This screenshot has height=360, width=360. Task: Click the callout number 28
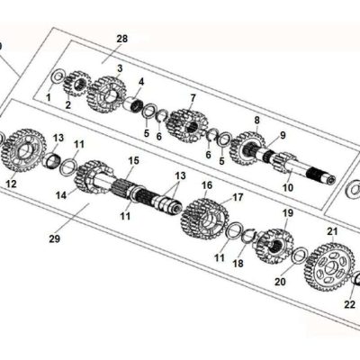[x=122, y=39]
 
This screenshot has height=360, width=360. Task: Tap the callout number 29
[x=55, y=239]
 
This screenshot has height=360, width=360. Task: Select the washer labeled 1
[x=58, y=77]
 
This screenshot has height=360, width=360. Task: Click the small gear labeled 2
[x=77, y=84]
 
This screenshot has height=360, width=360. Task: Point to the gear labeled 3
[x=107, y=94]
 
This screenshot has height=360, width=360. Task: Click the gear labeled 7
[x=186, y=125]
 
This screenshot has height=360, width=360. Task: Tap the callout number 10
[x=288, y=188]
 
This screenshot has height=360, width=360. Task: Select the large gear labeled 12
[x=23, y=150]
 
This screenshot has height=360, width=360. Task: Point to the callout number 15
[x=134, y=160]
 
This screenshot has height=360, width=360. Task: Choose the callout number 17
[x=238, y=197]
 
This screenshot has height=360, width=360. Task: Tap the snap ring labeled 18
[x=248, y=234]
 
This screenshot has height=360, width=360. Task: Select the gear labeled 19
[x=274, y=247]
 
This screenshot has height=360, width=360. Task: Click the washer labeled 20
[x=300, y=256]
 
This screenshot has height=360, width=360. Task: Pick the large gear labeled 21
[x=329, y=266]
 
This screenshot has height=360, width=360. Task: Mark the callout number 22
[x=349, y=304]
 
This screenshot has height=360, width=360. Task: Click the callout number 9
[x=283, y=136]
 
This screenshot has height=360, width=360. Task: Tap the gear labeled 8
[x=247, y=148]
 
